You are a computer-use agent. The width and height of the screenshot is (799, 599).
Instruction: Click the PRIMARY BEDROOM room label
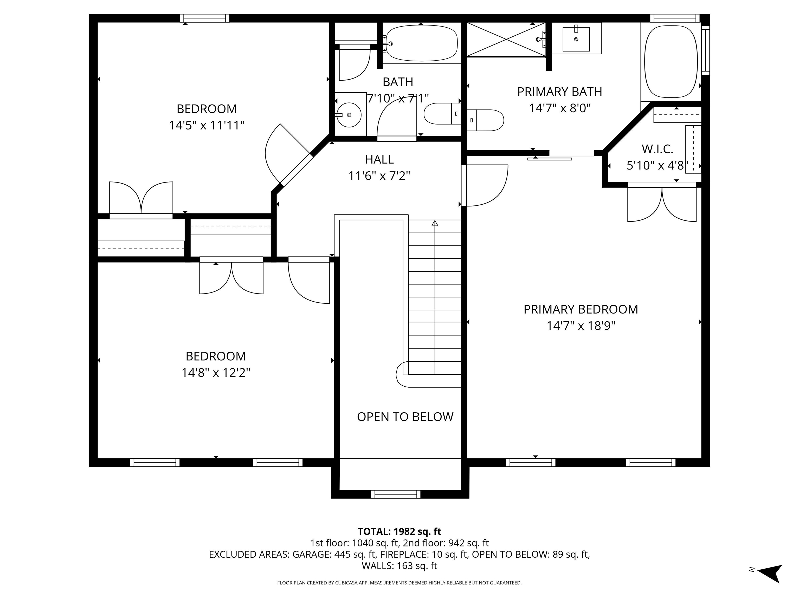pos(581,309)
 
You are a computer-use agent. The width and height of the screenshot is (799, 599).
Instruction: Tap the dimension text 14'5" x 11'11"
pos(207,125)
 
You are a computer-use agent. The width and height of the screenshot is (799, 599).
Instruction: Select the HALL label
pos(379,159)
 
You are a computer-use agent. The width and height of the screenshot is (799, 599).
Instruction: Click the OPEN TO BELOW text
pos(405,417)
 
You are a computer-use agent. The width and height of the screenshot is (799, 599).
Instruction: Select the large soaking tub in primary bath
pos(671,61)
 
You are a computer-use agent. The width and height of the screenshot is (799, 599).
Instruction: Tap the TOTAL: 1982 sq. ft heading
pos(399,531)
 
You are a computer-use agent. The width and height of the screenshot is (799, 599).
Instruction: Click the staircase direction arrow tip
pos(435,223)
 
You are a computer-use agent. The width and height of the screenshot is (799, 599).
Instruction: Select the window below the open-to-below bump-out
pos(396,494)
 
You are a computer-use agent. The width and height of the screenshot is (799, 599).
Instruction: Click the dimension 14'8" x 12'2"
pos(216,372)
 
